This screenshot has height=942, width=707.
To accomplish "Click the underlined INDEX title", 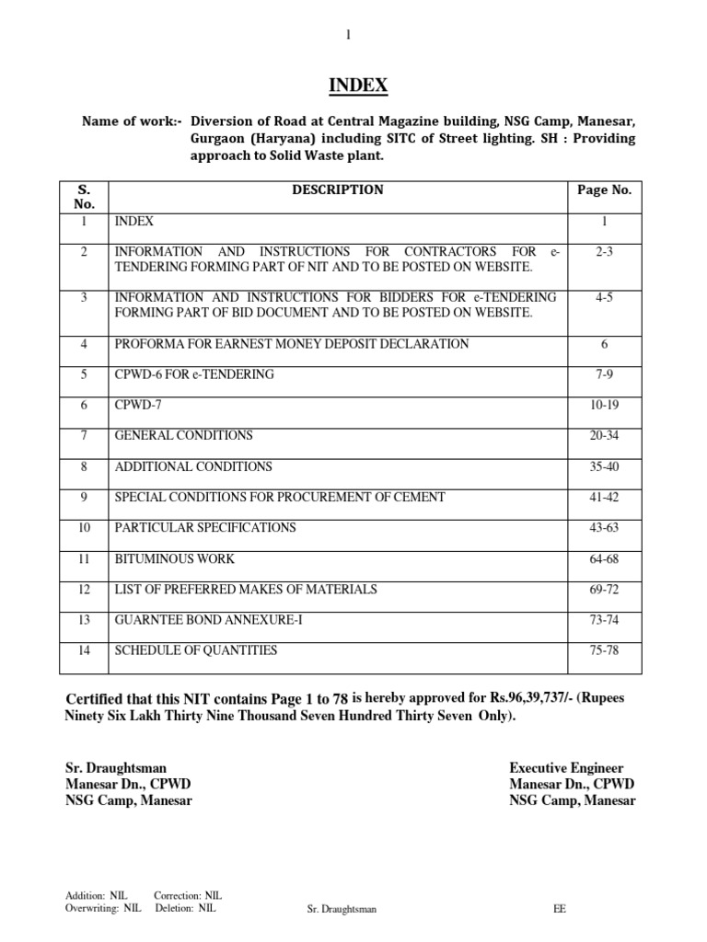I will (358, 86).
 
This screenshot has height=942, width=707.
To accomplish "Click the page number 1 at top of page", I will (348, 35).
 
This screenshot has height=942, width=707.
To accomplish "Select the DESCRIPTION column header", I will (337, 190).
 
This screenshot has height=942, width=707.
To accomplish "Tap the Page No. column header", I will (604, 190).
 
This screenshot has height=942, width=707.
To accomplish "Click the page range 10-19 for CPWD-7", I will (604, 405).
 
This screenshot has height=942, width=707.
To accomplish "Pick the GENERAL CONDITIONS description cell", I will (183, 435).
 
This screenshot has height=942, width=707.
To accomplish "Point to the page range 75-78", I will (604, 650).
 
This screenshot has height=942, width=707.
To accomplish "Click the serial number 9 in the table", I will (84, 497).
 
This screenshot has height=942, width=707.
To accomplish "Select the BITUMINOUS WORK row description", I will (174, 558).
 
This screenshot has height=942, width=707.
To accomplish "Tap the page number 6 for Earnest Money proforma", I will (604, 343).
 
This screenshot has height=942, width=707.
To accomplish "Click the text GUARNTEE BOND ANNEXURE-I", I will (208, 620).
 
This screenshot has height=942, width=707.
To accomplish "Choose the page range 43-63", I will (604, 527).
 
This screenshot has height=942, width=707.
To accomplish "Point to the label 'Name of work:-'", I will (133, 121).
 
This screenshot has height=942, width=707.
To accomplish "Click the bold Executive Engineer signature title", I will (566, 767).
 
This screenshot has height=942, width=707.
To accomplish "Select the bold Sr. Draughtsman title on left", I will (116, 767).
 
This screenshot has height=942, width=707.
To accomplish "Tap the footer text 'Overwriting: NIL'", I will (103, 907).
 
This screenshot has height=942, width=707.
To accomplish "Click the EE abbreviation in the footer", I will (560, 909).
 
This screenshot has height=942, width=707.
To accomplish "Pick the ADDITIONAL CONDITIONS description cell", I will (193, 466).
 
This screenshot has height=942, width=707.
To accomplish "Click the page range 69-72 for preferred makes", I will (604, 589).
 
